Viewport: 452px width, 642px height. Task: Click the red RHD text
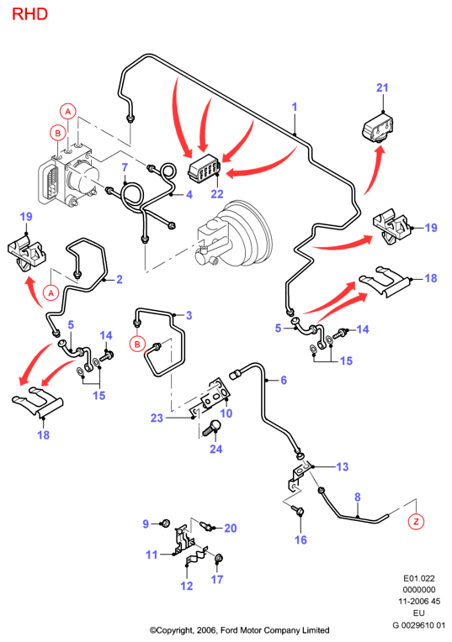coord(30,14)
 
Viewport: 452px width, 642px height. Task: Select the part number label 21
coord(382,87)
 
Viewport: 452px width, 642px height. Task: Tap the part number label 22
coord(217,193)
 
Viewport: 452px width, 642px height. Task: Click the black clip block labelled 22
coord(204,167)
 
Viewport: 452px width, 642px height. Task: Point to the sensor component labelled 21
coord(377,129)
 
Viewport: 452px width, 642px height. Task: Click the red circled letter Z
coord(416,521)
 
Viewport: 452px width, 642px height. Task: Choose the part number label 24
coord(216,450)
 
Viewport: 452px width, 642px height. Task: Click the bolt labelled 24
coord(212,429)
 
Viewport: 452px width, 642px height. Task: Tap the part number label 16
coord(300,540)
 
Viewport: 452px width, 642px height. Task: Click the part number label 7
coord(125,167)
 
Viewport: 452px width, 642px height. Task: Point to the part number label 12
coord(187,586)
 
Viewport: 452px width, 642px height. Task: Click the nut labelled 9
coord(165,524)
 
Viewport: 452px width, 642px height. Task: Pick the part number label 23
coord(157,418)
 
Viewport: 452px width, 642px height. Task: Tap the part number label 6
coord(284,381)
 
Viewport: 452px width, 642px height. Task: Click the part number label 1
coord(294,107)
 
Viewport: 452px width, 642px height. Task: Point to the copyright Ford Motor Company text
coord(240,630)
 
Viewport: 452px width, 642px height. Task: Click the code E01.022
coord(419,578)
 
